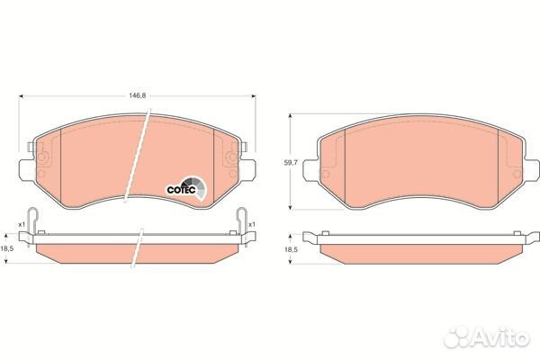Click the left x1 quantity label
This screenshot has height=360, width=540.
tap(22, 222)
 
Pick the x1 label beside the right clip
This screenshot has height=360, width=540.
tap(253, 224)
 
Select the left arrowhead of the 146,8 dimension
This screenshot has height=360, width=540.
tap(22, 98)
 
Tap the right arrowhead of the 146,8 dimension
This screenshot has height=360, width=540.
tap(254, 98)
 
